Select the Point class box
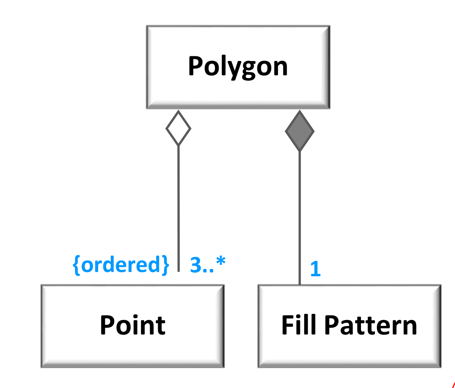pyautogui.click(x=132, y=326)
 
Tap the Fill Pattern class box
pyautogui.click(x=349, y=326)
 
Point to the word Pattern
pyautogui.click(x=371, y=326)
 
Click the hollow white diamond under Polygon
pyautogui.click(x=178, y=128)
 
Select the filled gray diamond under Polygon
pyautogui.click(x=300, y=131)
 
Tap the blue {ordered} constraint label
pyautogui.click(x=121, y=265)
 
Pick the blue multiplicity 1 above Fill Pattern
pyautogui.click(x=315, y=269)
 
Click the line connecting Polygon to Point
pyautogui.click(x=178, y=206)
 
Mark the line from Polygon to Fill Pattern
pyautogui.click(x=300, y=217)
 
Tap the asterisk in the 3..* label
pyautogui.click(x=220, y=262)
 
